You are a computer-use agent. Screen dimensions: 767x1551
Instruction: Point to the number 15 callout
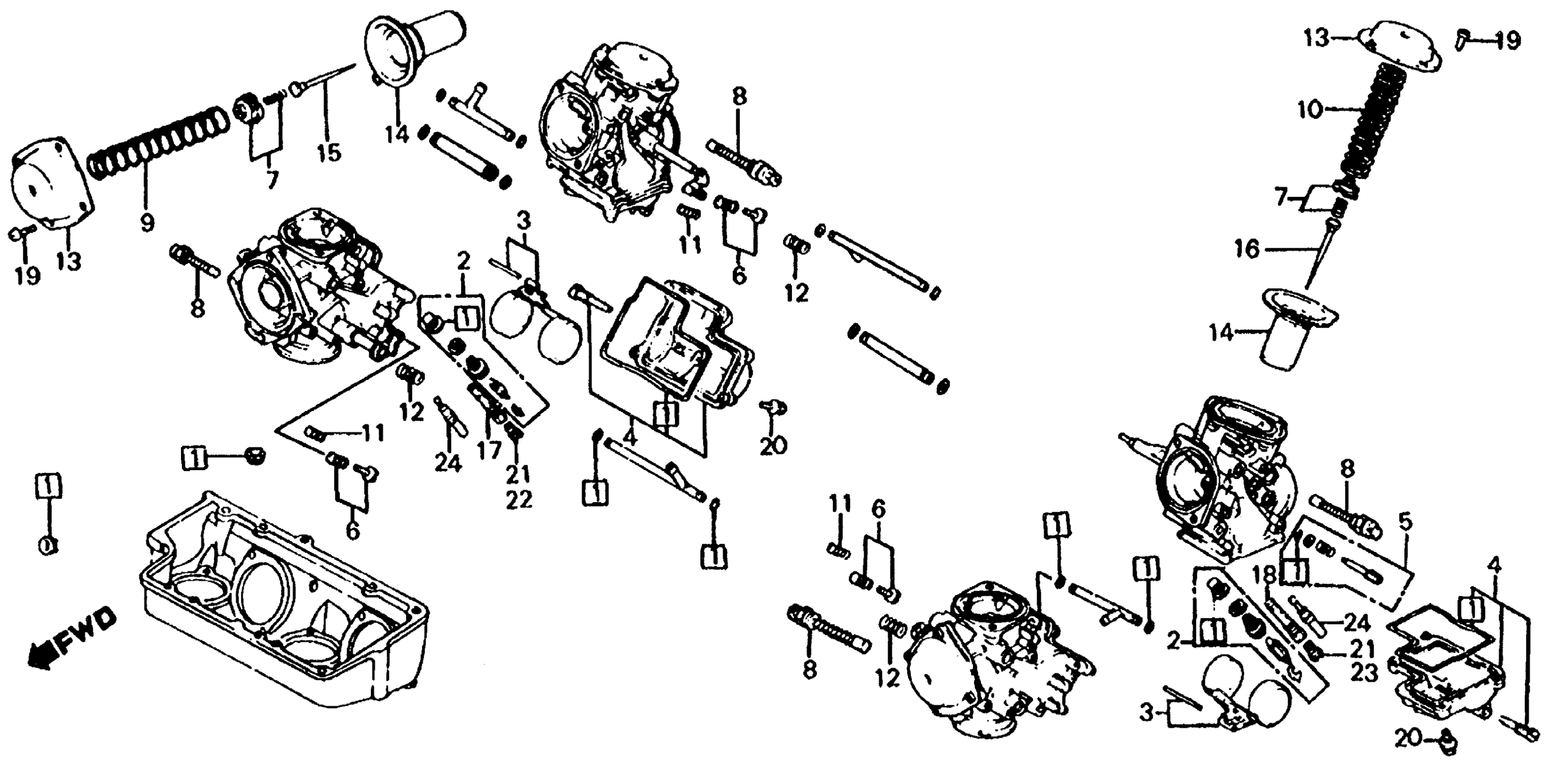330,152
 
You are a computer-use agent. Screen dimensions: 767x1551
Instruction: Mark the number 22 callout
519,500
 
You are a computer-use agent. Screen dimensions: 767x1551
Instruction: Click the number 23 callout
1364,673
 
